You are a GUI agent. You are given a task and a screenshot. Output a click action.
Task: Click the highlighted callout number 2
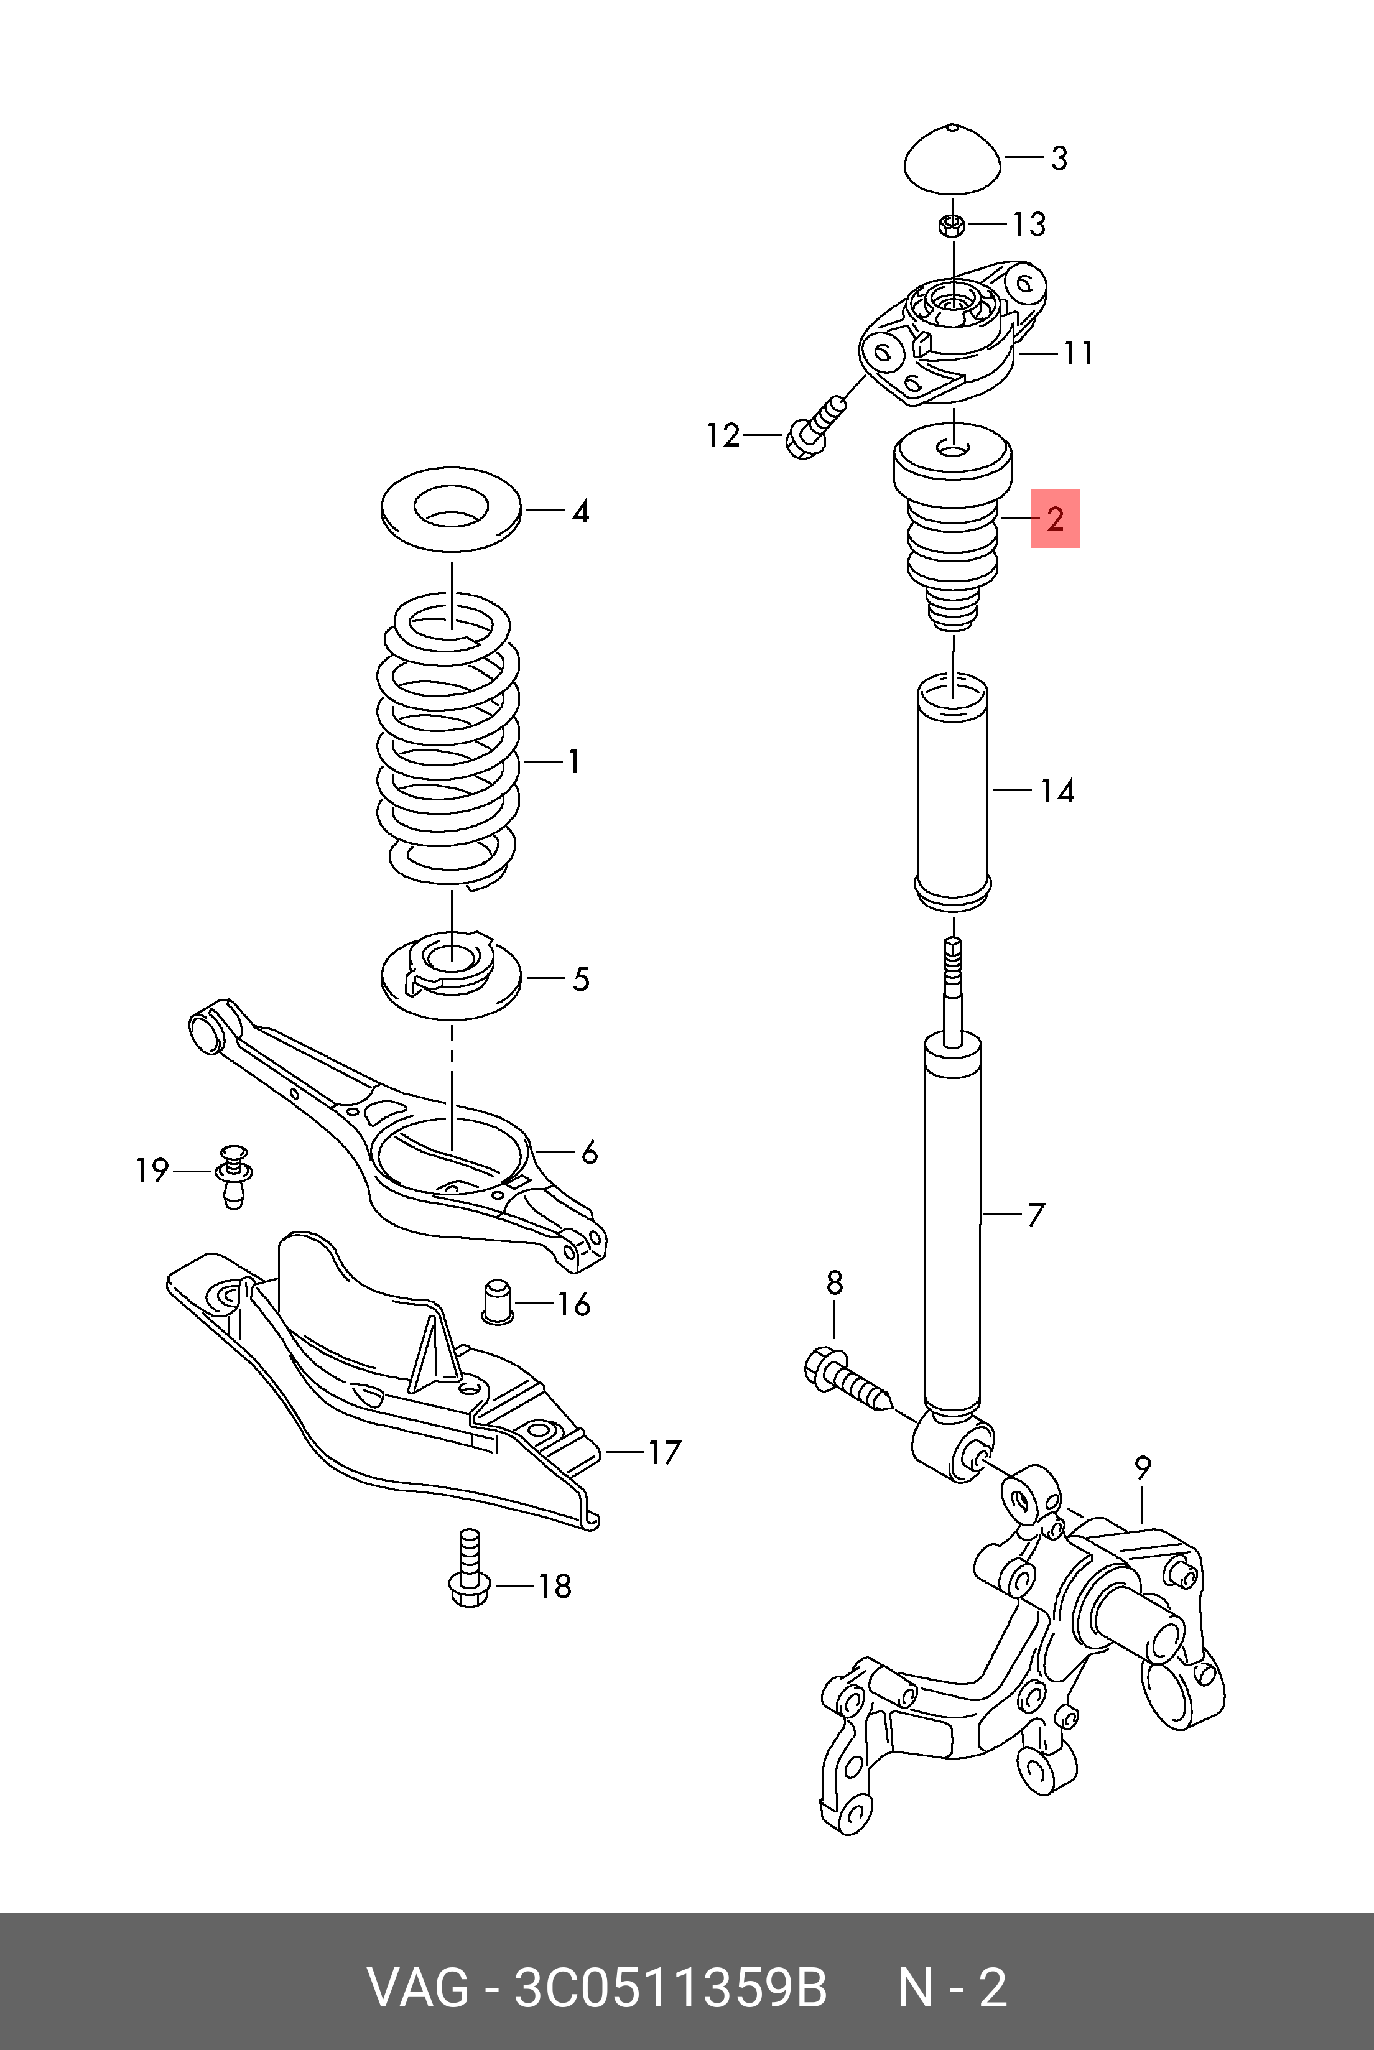tap(1054, 519)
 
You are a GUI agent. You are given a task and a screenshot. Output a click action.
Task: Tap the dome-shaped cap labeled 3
tap(952, 160)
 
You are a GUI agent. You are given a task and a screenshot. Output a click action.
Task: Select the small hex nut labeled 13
tap(952, 225)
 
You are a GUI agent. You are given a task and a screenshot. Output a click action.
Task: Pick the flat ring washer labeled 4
tap(452, 511)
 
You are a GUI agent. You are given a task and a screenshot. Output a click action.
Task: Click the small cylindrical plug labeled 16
tap(498, 1302)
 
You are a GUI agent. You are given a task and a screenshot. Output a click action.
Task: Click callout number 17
tap(664, 1452)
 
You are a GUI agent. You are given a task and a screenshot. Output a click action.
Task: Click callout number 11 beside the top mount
tap(1079, 353)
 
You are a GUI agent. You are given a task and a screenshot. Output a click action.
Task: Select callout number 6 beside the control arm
tap(589, 1153)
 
